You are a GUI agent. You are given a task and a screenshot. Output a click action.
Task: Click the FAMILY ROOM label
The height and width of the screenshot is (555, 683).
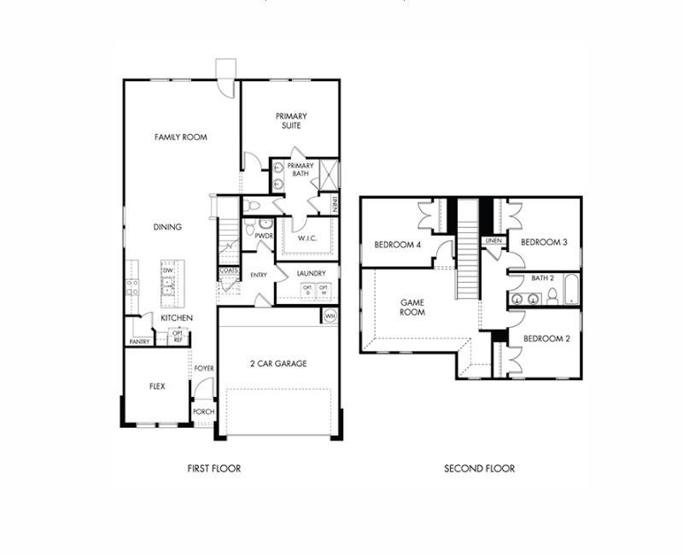pyautogui.click(x=180, y=137)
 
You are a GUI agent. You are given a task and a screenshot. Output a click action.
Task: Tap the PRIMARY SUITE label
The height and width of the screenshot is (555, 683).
pyautogui.click(x=291, y=120)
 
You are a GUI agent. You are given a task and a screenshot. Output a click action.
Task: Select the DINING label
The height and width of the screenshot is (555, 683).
pyautogui.click(x=167, y=227)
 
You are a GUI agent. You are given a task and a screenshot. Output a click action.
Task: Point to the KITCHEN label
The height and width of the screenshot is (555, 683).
pyautogui.click(x=177, y=318)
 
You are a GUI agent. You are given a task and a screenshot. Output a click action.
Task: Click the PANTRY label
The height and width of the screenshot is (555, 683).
pyautogui.click(x=139, y=341)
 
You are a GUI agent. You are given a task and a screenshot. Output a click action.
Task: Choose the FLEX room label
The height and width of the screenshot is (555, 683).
pyautogui.click(x=157, y=386)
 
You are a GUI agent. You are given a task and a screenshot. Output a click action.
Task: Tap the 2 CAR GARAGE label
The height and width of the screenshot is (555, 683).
pyautogui.click(x=278, y=364)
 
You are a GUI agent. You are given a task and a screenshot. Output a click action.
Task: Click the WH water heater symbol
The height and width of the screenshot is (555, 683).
pyautogui.click(x=330, y=317)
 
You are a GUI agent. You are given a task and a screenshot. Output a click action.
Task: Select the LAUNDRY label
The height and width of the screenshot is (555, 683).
pyautogui.click(x=312, y=273)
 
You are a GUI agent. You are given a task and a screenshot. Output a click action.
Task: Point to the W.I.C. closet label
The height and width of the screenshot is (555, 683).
pyautogui.click(x=307, y=238)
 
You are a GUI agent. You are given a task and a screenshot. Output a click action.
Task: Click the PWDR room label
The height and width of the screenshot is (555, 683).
pyautogui.click(x=262, y=234)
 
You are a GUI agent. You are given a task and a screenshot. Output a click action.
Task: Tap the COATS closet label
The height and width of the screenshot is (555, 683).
pyautogui.click(x=228, y=271)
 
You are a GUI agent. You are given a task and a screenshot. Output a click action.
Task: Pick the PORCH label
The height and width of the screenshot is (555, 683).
pyautogui.click(x=203, y=412)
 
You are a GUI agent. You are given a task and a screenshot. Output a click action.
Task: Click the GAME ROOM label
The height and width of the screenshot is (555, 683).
pyautogui.click(x=413, y=307)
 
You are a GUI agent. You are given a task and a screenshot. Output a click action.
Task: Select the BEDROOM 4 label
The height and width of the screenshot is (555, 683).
pyautogui.click(x=398, y=245)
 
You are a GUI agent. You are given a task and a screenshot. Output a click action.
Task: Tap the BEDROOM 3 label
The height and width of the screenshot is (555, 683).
pyautogui.click(x=545, y=242)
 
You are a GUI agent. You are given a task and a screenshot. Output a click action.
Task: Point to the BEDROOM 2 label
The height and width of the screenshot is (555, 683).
pyautogui.click(x=546, y=338)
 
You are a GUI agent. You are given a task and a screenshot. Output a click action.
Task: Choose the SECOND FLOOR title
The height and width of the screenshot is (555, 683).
pyautogui.click(x=479, y=468)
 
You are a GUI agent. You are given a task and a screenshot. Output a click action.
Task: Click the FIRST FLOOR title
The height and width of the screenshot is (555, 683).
pyautogui.click(x=214, y=468)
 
